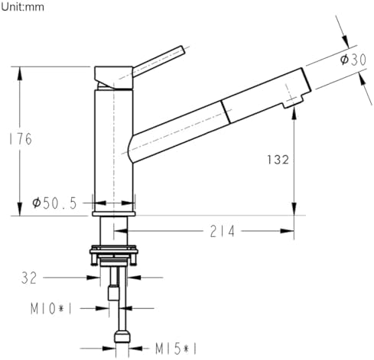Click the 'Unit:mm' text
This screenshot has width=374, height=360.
pyautogui.click(x=22, y=7)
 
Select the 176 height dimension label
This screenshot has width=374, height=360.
pyautogui.click(x=21, y=139)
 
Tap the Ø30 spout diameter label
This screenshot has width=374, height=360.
pyautogui.click(x=353, y=60)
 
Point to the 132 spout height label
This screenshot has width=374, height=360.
pyautogui.click(x=278, y=160)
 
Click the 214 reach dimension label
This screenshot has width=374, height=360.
pyautogui.click(x=222, y=232)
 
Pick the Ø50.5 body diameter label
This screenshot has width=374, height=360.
pyautogui.click(x=54, y=203)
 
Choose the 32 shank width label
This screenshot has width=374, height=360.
pyautogui.click(x=29, y=277)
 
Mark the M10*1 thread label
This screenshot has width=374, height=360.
pyautogui.click(x=51, y=309)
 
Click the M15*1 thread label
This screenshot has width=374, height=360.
pyautogui.click(x=176, y=349)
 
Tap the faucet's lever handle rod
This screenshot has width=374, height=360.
pyautogui.click(x=158, y=61)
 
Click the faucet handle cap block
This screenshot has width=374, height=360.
pyautogui.click(x=114, y=78)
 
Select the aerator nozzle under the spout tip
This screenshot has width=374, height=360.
pyautogui.click(x=291, y=102)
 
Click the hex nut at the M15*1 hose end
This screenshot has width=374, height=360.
pyautogui.click(x=122, y=336)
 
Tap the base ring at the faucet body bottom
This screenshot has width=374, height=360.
pyautogui.click(x=114, y=213)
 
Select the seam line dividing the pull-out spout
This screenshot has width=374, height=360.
pyautogui.click(x=226, y=112)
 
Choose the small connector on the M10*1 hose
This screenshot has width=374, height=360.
pyautogui.click(x=114, y=293)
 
